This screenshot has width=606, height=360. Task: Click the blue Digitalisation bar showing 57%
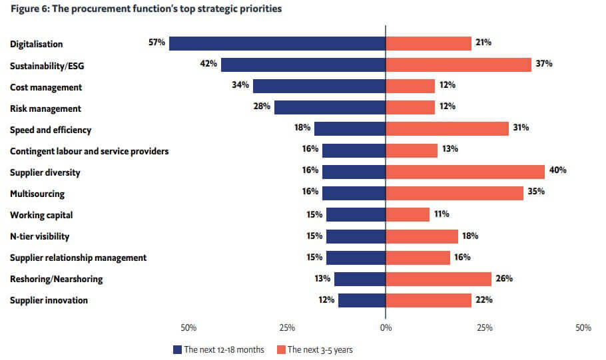[x=277, y=43]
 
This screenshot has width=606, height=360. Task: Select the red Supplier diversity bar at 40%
[x=465, y=172]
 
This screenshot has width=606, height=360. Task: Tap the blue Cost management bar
[x=319, y=86]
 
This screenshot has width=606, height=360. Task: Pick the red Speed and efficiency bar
[x=447, y=129]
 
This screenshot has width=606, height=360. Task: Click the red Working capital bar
[x=408, y=214]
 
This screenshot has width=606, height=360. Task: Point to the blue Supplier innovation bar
[x=362, y=300]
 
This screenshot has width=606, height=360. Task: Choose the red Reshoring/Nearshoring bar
[x=438, y=279]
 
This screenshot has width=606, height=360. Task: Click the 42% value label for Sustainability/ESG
[x=208, y=64]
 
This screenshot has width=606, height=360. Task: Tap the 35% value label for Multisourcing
[x=536, y=192]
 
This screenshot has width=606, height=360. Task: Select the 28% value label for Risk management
[x=262, y=107]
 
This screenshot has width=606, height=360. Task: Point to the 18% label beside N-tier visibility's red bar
[x=469, y=235]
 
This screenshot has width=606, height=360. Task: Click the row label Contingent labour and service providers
[x=89, y=151]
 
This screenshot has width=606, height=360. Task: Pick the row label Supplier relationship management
[x=78, y=258]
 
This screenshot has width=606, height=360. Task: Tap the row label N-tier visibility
[x=39, y=236]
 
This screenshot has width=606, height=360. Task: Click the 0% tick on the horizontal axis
[x=386, y=328]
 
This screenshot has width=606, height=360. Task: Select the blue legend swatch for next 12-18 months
[x=177, y=349]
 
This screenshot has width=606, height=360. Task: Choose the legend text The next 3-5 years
[x=320, y=349]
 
